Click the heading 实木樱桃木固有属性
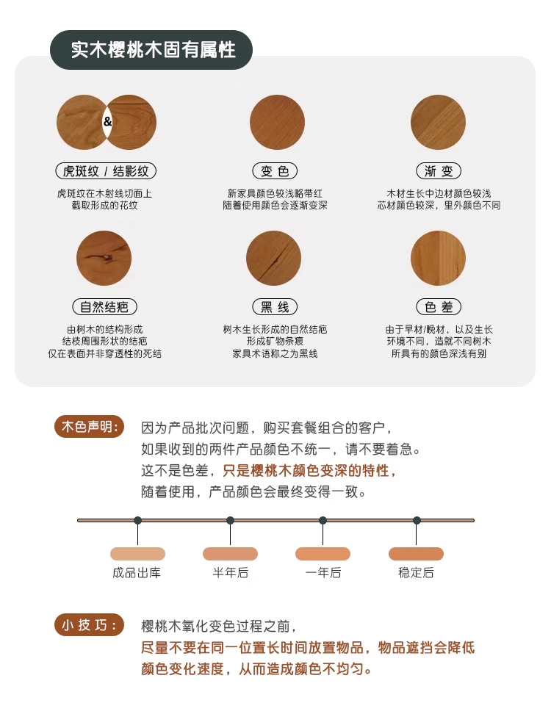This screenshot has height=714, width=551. pos(151,49)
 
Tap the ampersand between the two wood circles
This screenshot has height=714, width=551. pos(107,121)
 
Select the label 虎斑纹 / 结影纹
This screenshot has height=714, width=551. pos(106,171)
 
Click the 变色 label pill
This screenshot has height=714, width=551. pos(275,171)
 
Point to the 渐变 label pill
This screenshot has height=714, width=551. pos(439,171)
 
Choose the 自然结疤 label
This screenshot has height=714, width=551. pos(105,306)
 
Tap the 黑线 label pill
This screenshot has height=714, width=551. pos(275,306)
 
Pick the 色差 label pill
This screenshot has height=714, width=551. pos(439,306)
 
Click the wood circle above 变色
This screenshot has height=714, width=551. pos(277,122)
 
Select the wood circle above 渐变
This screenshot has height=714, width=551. pos(439,122)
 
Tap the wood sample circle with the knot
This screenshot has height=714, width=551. pos(104,258)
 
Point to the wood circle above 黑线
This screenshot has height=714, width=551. pos(273,258)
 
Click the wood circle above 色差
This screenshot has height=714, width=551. pos(439,258)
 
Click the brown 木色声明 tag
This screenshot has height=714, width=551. pos(90,427)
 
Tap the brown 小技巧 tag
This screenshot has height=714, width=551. pos(90,625)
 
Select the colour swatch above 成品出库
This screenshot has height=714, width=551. pos(137,554)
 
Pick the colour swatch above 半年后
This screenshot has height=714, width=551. pos(230,554)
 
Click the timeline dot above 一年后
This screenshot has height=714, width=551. pos(323,520)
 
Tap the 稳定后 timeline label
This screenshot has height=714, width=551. pos(416,572)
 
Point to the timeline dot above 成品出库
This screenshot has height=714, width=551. pos(137,520)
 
